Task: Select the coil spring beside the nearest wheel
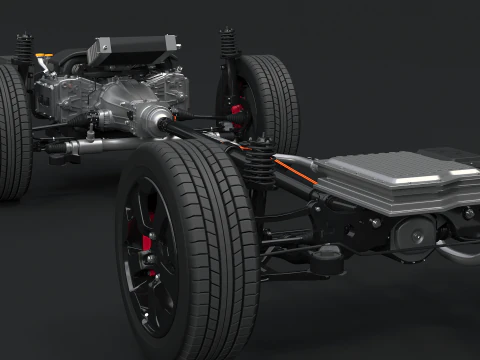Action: pyautogui.click(x=258, y=165)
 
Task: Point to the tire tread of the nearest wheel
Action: pyautogui.click(x=215, y=250)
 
